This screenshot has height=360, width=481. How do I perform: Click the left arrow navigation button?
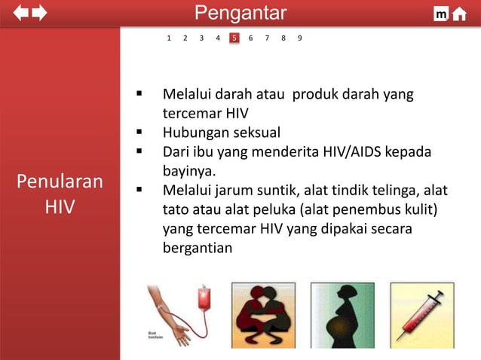[x=20, y=13]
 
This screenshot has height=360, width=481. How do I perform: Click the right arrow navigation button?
[x=39, y=13]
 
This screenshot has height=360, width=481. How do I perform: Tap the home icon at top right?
[x=459, y=14]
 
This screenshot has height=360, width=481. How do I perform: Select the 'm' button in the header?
[x=441, y=14]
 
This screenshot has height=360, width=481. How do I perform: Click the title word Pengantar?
[x=240, y=13]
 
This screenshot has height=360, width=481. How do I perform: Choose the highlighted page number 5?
[x=234, y=38]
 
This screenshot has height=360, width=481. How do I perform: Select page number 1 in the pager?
[x=169, y=38]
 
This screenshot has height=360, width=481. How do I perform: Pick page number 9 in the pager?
[x=300, y=38]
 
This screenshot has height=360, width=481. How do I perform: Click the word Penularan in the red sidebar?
[x=60, y=182]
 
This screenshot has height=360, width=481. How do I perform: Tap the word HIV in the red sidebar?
[x=60, y=206]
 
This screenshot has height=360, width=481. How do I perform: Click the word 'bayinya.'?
[x=189, y=171]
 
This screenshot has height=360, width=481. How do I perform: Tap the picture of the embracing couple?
[x=263, y=315]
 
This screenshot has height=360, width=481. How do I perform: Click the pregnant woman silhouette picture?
[x=342, y=315]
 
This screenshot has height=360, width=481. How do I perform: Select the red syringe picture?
[x=421, y=313]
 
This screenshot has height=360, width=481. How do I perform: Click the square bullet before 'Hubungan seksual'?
[x=139, y=133]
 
